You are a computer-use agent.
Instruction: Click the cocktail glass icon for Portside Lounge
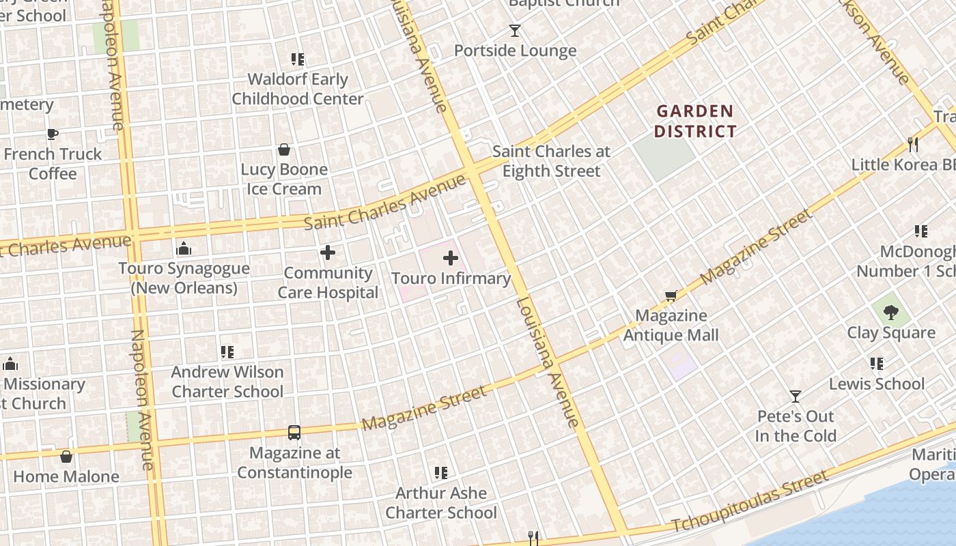click(514, 31)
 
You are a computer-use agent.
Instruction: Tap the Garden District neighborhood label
click(695, 121)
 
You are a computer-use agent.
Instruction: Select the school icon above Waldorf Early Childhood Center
click(297, 59)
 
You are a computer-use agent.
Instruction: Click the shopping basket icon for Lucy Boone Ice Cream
click(284, 149)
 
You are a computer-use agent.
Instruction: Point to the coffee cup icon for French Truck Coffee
click(53, 134)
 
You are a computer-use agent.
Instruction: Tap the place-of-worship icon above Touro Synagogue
click(184, 248)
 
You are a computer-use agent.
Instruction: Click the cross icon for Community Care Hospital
click(328, 253)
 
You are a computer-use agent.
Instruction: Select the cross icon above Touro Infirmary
click(451, 258)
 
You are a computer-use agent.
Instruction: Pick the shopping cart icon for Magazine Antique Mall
click(671, 296)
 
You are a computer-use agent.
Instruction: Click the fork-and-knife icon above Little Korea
click(912, 144)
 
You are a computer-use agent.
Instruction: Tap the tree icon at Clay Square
click(890, 313)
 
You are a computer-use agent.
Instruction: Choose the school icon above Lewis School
click(877, 364)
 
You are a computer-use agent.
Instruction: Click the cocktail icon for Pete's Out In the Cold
click(795, 396)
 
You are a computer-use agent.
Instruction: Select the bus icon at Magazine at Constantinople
click(294, 432)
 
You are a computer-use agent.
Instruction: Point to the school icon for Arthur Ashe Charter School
click(441, 472)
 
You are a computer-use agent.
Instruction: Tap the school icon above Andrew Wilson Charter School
click(227, 352)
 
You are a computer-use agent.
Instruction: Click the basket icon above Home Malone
click(66, 457)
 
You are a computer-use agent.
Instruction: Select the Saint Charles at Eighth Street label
click(551, 161)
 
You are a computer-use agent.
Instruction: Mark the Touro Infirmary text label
click(451, 278)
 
